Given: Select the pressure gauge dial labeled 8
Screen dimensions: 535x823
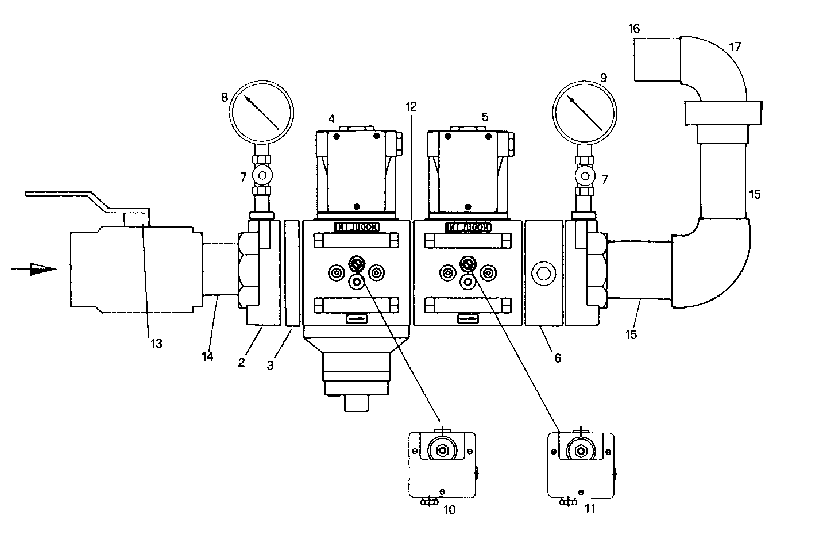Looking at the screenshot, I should coord(261,111).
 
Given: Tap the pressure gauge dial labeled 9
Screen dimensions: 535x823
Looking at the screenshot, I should coord(584,111).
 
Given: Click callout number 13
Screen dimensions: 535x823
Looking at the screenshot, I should coord(156,344).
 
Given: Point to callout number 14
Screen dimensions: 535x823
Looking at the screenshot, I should coord(207,356).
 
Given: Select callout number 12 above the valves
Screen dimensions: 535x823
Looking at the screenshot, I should coord(411,106).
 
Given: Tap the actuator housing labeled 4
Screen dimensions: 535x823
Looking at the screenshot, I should coord(356,172).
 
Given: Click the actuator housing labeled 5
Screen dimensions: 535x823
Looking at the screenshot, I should coord(467,172).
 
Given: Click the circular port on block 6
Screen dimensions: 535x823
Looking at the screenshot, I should coord(543,272).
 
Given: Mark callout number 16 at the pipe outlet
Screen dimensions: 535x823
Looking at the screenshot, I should coord(633,28).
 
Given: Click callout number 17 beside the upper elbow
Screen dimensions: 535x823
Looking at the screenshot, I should coord(735,47).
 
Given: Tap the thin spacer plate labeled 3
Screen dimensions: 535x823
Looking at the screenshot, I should coord(292,273).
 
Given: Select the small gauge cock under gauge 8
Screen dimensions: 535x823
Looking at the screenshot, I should coord(262,174).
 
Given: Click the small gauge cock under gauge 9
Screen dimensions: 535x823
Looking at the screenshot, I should coord(585,174).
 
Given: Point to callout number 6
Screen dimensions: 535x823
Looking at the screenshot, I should coord(557,358).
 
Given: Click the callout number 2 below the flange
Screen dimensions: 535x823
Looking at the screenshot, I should coord(242,363).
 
